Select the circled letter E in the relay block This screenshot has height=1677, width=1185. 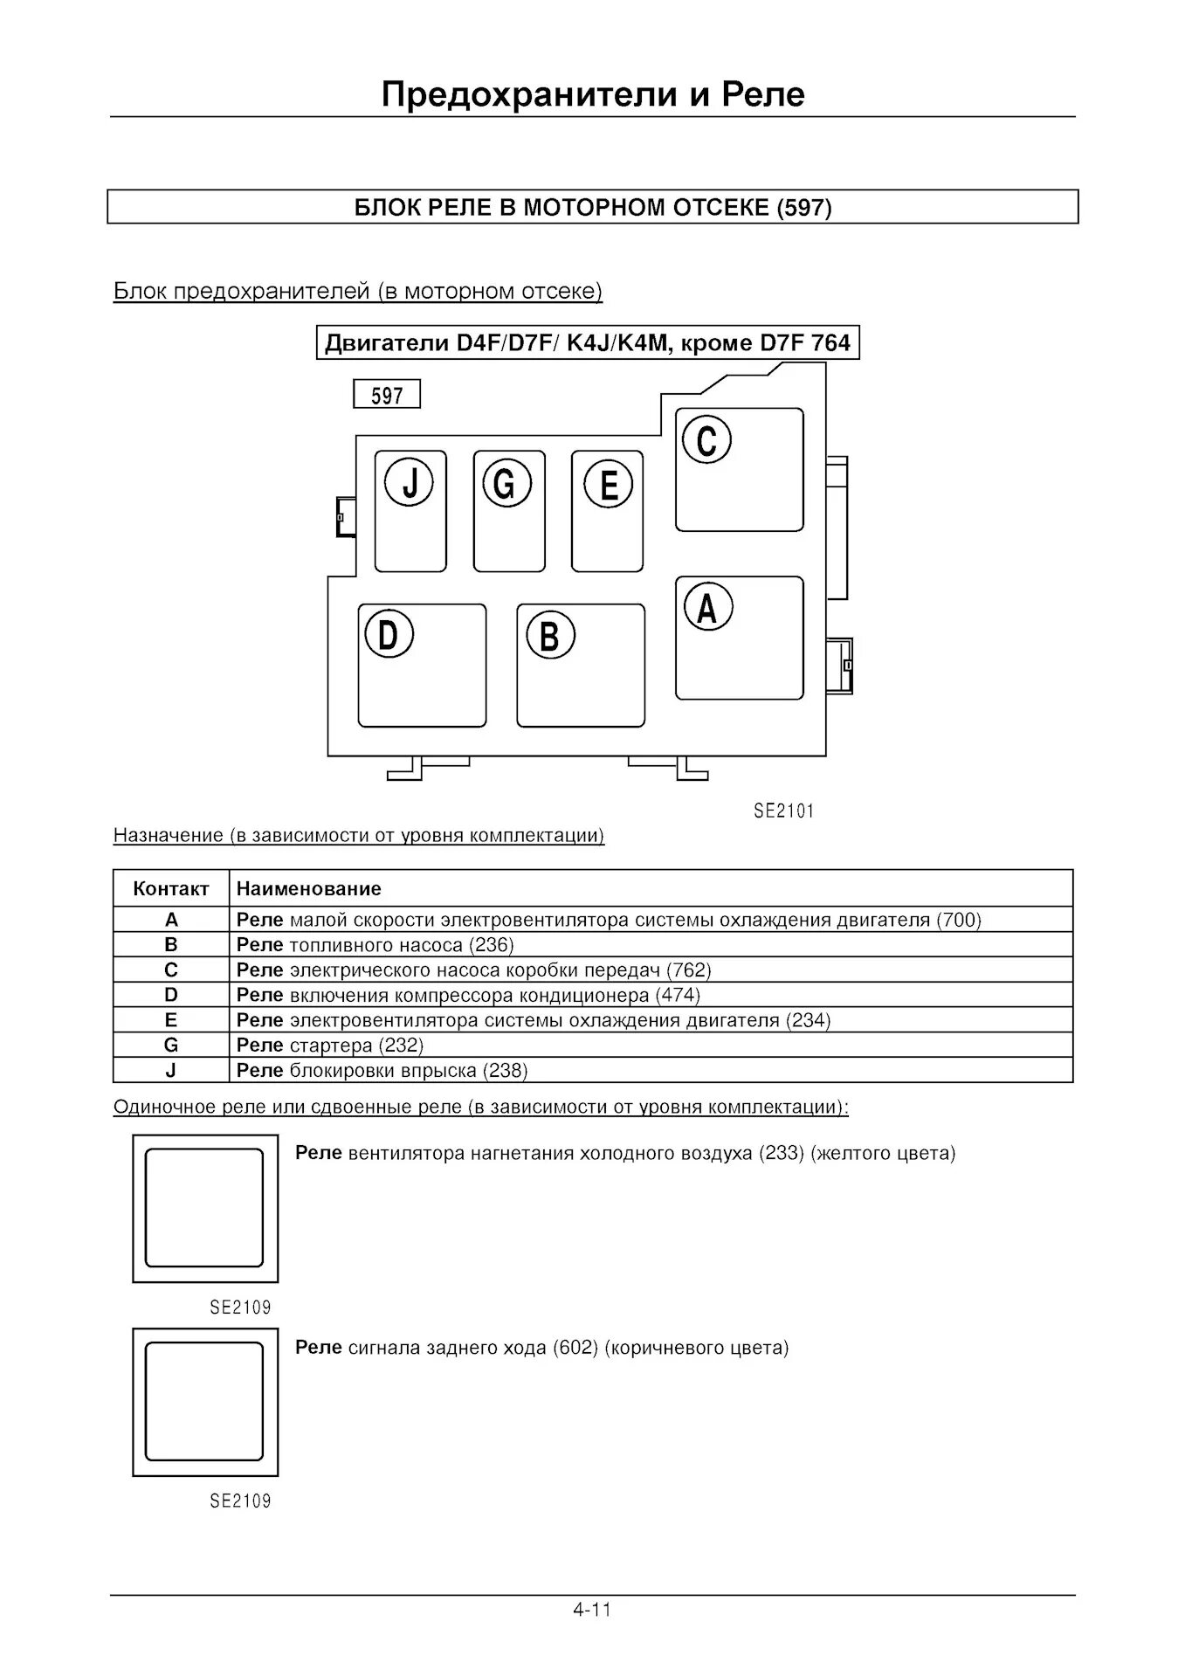click(609, 485)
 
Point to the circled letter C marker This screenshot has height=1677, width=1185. click(706, 439)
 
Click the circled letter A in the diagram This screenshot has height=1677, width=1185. click(707, 607)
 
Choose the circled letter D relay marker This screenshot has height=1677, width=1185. click(389, 635)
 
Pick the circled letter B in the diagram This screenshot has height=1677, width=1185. click(549, 635)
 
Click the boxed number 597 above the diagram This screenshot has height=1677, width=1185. click(387, 396)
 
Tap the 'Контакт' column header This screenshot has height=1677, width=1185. click(171, 889)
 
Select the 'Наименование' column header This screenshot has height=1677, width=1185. click(309, 889)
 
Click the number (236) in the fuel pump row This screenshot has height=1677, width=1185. click(492, 945)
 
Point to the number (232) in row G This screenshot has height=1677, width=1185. click(401, 1046)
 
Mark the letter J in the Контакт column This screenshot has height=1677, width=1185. click(171, 1071)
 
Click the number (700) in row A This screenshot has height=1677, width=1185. click(959, 920)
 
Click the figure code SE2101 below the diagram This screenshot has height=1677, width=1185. click(783, 811)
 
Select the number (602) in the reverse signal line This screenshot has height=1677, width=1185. click(575, 1348)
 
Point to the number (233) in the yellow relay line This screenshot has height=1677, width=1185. click(781, 1154)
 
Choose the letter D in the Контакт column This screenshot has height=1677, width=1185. click(171, 995)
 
